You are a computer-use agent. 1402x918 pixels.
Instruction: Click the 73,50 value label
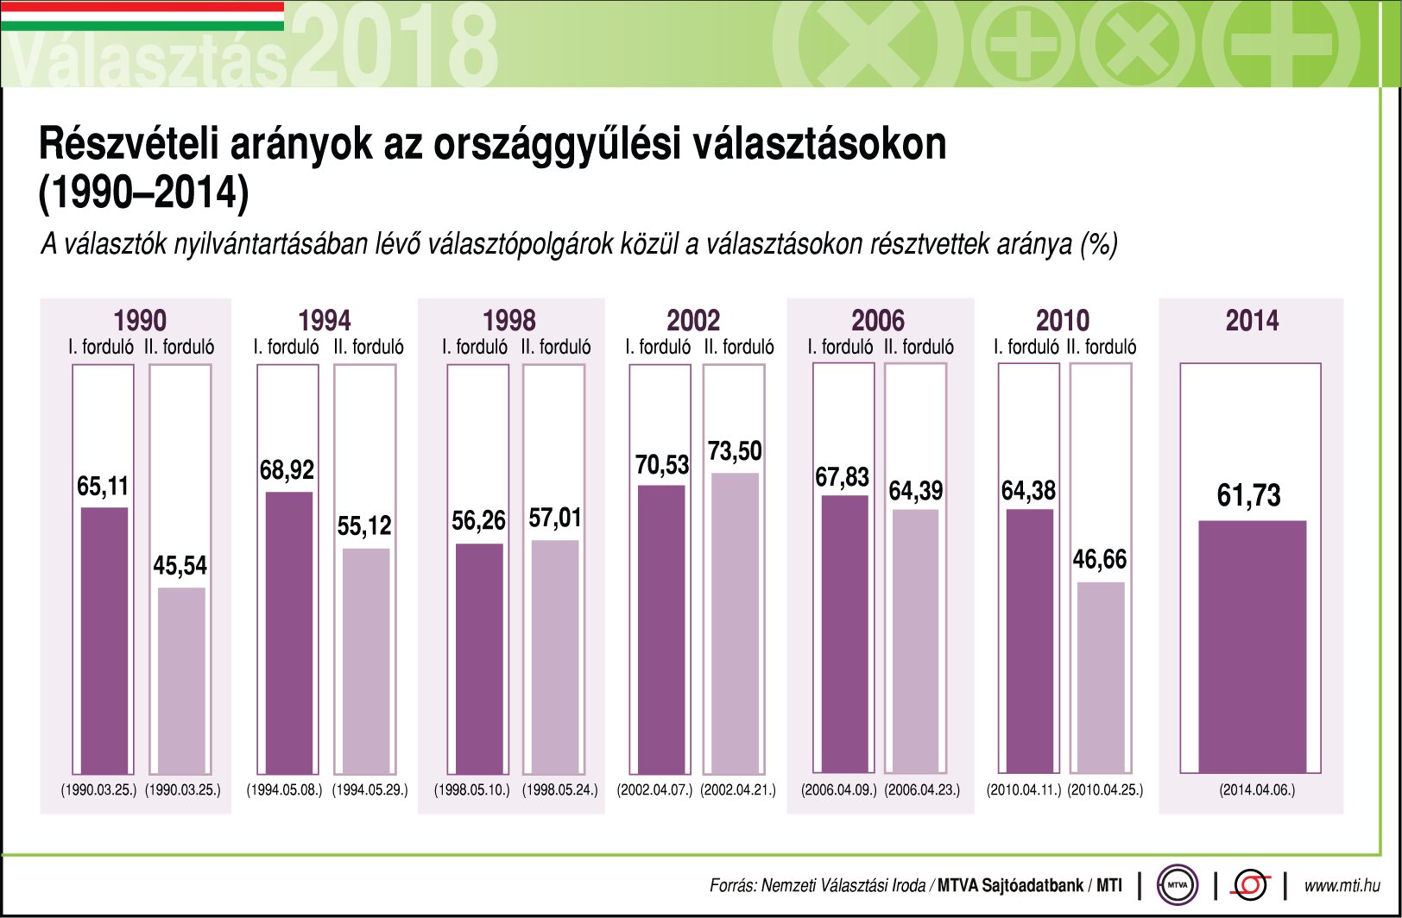tap(735, 451)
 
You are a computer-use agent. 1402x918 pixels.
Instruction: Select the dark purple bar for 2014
tap(1252, 646)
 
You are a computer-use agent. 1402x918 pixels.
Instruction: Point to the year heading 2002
tap(693, 321)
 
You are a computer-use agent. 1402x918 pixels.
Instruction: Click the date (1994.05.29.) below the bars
tap(369, 789)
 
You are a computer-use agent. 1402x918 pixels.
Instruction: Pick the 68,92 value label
tap(287, 470)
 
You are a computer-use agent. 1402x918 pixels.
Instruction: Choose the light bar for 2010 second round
tap(1101, 677)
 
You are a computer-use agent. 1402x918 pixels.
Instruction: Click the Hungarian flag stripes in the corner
tap(142, 16)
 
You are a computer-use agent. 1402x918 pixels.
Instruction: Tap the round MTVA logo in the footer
tap(1177, 884)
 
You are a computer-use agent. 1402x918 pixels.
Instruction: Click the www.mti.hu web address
tap(1341, 885)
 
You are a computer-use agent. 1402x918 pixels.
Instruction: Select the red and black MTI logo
tap(1251, 884)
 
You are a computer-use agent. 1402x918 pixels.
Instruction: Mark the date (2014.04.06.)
tap(1257, 789)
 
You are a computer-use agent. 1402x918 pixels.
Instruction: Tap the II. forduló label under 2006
tap(919, 347)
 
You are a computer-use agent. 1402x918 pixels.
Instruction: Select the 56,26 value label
tap(478, 521)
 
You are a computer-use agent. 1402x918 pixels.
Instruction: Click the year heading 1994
tap(325, 321)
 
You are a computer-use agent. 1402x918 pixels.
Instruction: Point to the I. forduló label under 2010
tap(1026, 347)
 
